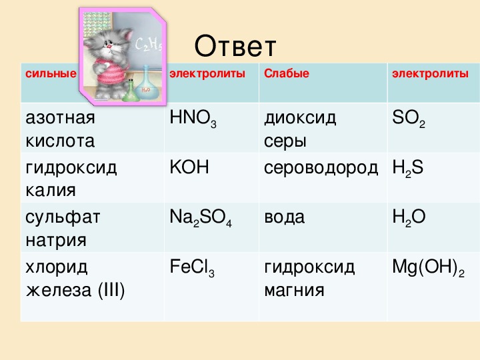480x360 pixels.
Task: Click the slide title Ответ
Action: point(235,46)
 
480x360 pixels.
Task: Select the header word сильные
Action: point(51,73)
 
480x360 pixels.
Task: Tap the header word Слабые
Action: point(287,73)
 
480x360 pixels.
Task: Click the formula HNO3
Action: point(193,119)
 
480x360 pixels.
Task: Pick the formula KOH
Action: point(189,167)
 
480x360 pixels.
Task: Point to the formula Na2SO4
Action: point(201,218)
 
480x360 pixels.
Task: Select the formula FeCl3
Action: point(192,267)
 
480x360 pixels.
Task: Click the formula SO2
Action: point(409,119)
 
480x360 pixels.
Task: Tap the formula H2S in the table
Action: point(408,169)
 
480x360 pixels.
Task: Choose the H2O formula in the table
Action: point(409,218)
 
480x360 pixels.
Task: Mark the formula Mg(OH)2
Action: point(428,267)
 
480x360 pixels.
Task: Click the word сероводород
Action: point(321,168)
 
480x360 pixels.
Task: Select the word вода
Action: point(285,217)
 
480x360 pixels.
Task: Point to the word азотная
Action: point(60,118)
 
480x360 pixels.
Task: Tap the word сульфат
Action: point(63,217)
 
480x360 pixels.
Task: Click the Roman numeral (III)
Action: point(111,290)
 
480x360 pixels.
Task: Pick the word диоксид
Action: point(300,119)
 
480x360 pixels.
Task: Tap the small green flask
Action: point(131,92)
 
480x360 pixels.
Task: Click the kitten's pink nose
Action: point(109,46)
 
